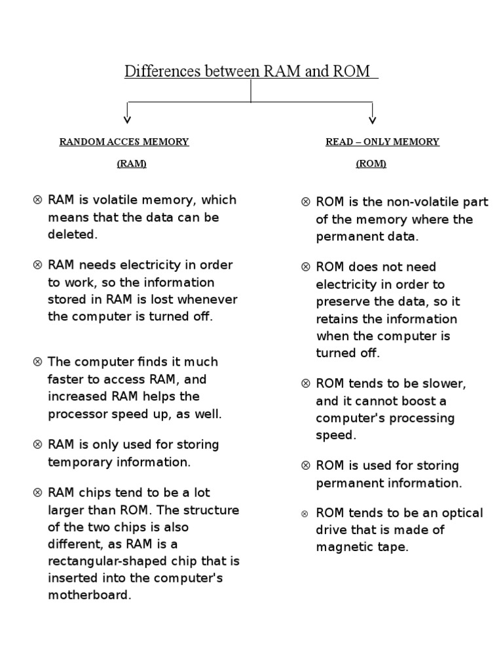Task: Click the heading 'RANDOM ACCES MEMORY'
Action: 124,142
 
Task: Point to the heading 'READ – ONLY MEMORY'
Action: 382,142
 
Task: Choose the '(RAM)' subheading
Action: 132,164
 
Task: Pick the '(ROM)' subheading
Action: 371,164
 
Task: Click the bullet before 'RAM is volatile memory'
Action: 37,200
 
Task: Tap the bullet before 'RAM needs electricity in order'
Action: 37,265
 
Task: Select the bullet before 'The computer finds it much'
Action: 37,362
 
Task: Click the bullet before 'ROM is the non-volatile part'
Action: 306,202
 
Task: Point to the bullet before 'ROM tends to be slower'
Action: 306,383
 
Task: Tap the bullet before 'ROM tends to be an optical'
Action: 306,513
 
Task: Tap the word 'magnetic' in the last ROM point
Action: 343,547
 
